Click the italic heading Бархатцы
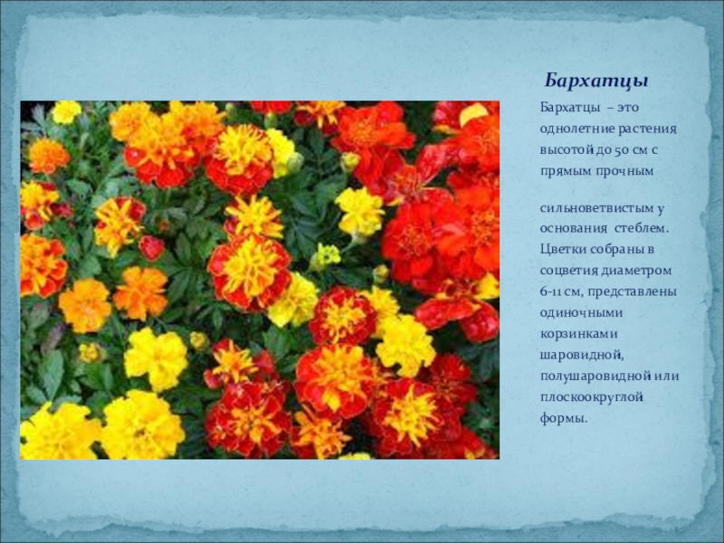[596, 81]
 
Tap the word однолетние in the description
[577, 129]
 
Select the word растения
[647, 129]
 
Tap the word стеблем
[642, 229]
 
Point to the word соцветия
[569, 271]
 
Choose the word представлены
[632, 292]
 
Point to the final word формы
[562, 419]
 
